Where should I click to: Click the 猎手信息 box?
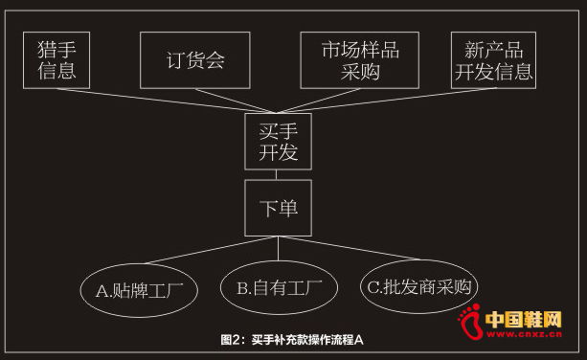tap(56, 59)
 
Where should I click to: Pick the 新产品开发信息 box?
tap(492, 60)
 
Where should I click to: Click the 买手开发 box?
tap(278, 140)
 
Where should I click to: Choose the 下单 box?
tap(278, 207)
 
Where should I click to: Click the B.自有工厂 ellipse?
tap(278, 286)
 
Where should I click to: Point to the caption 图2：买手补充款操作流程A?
tap(293, 340)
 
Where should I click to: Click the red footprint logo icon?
tap(469, 324)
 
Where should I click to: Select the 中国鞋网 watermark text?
tap(525, 319)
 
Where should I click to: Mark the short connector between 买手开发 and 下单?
tap(278, 173)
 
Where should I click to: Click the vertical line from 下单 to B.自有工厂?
tap(278, 248)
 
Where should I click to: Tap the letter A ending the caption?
tap(360, 340)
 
